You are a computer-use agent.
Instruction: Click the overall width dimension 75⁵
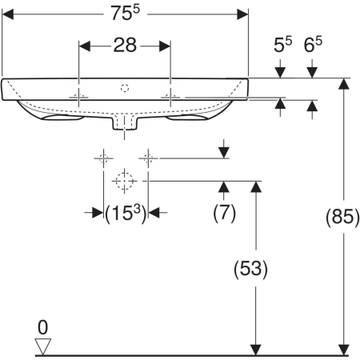[126, 13]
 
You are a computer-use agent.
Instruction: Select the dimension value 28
[125, 45]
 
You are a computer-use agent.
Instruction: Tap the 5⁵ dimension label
[282, 45]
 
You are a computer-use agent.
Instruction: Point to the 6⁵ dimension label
[313, 45]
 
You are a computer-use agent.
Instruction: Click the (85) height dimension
[343, 216]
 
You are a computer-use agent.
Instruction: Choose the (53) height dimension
[250, 268]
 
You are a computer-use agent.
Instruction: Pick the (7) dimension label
[224, 213]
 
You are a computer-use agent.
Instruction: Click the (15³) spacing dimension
[126, 214]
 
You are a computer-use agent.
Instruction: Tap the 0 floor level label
[42, 327]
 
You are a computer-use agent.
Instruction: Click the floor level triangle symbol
[43, 346]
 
